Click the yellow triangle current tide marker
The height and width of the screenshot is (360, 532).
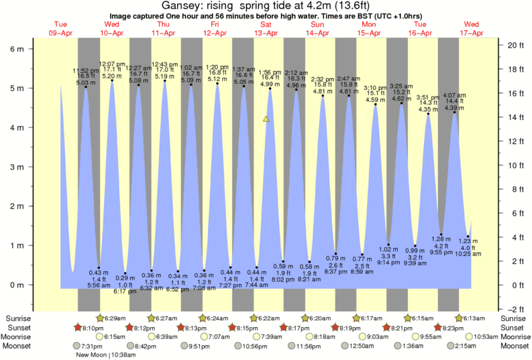click(266, 119)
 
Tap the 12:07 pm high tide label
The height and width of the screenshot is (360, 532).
click(111, 64)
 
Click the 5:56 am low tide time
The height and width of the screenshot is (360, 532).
click(99, 286)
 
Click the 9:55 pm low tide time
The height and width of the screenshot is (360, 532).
click(441, 252)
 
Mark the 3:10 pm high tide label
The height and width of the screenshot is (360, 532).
click(375, 88)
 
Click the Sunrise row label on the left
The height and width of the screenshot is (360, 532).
click(19, 318)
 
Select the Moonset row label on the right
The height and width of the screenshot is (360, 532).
click(515, 346)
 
